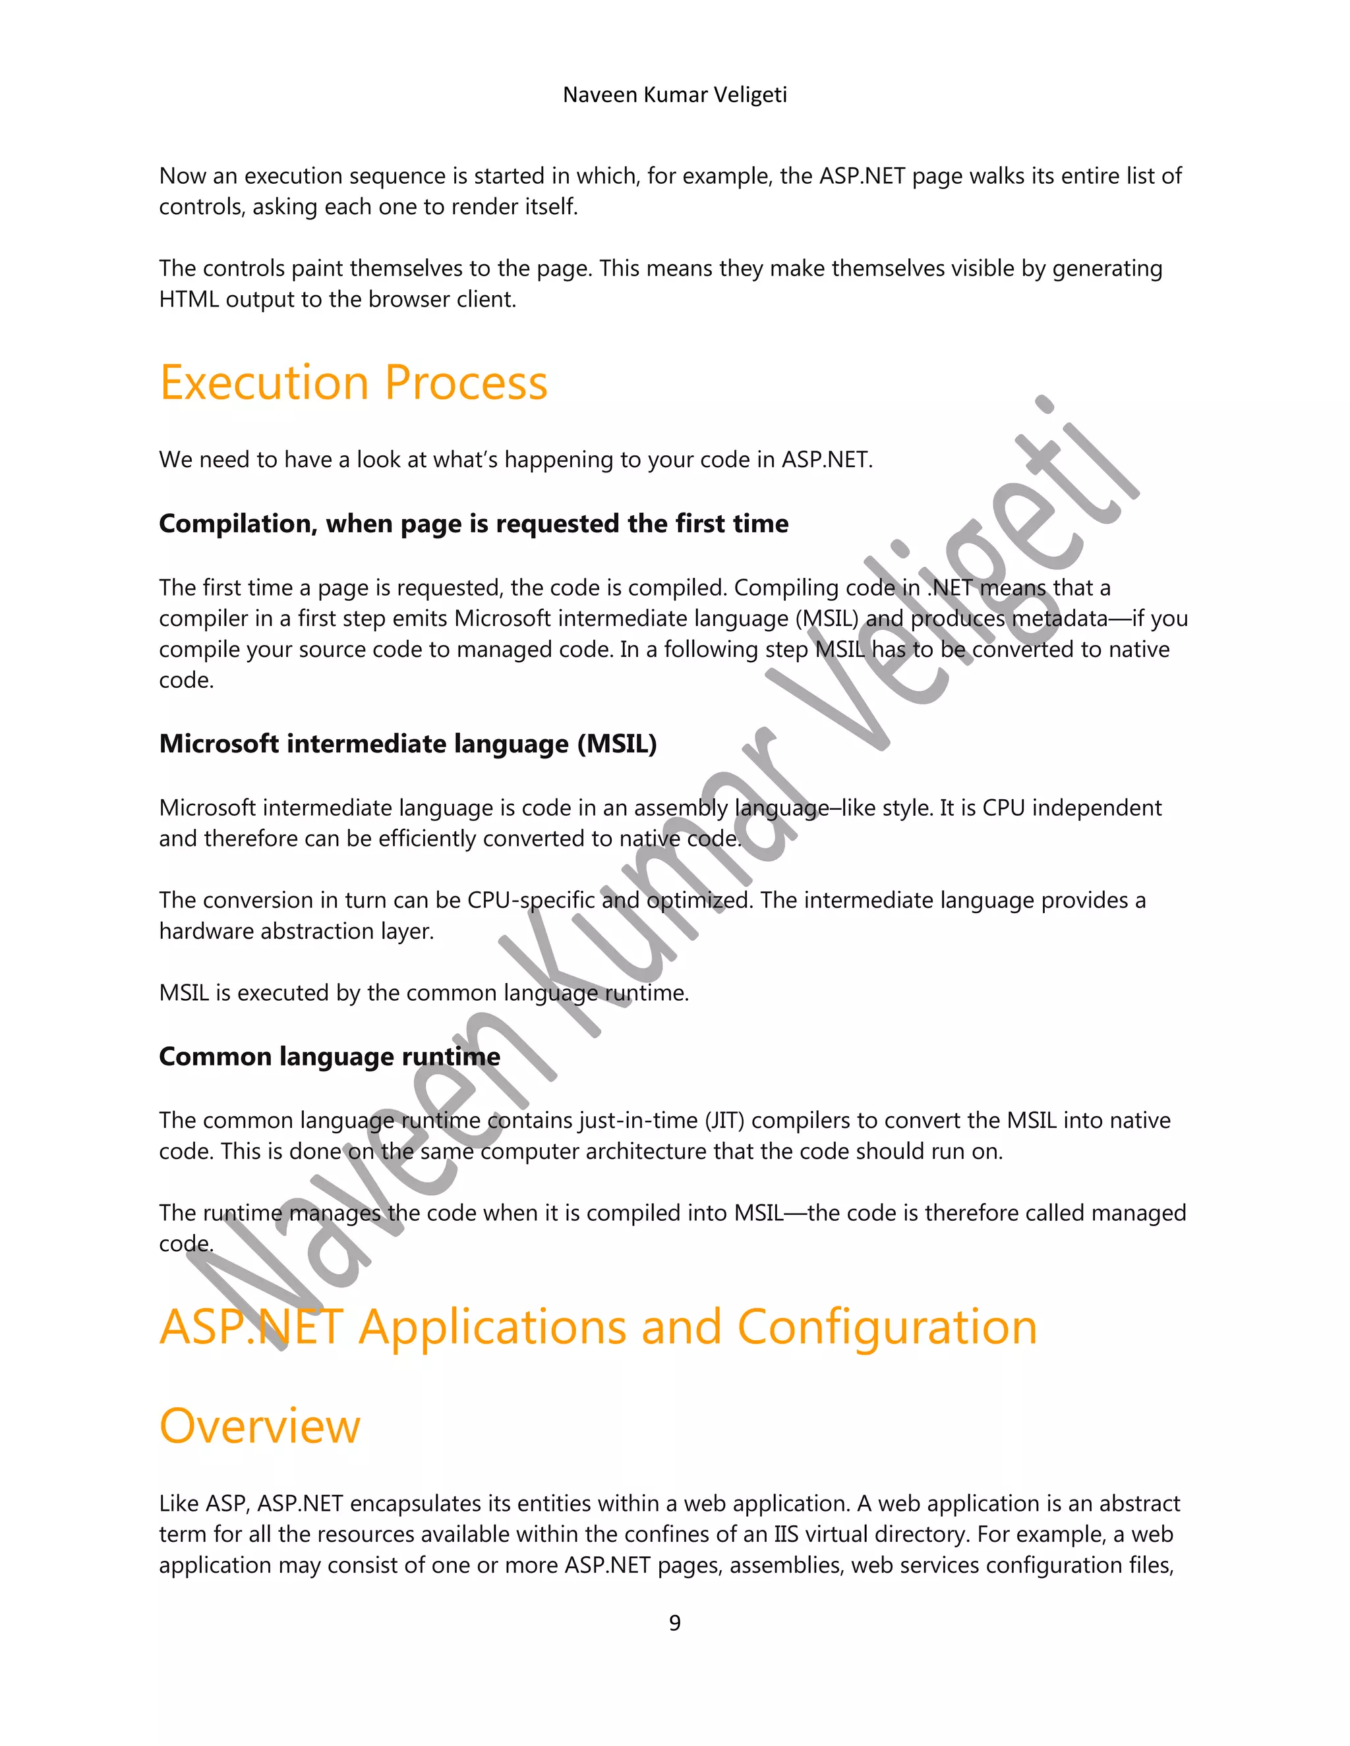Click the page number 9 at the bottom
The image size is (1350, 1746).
click(674, 1622)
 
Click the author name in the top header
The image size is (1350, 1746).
click(674, 94)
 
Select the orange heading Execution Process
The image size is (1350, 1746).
click(353, 382)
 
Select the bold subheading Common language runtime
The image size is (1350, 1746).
click(330, 1056)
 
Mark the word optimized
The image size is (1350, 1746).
click(699, 900)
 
